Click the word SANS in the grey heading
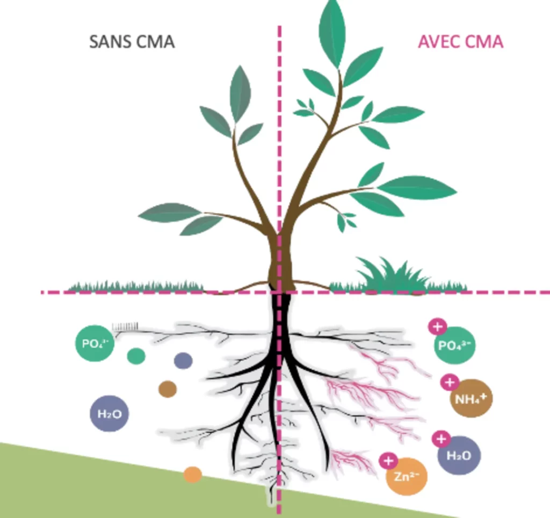[108, 42]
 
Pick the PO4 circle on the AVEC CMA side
[454, 345]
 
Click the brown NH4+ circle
[471, 398]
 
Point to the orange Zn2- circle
[407, 475]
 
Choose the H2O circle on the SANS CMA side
[109, 413]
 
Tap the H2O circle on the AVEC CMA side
[459, 455]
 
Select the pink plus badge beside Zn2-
[388, 461]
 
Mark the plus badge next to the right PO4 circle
[437, 326]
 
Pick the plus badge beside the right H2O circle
[441, 439]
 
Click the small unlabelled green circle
[136, 355]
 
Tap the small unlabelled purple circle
[183, 361]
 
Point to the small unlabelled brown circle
[168, 389]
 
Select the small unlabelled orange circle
[192, 475]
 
